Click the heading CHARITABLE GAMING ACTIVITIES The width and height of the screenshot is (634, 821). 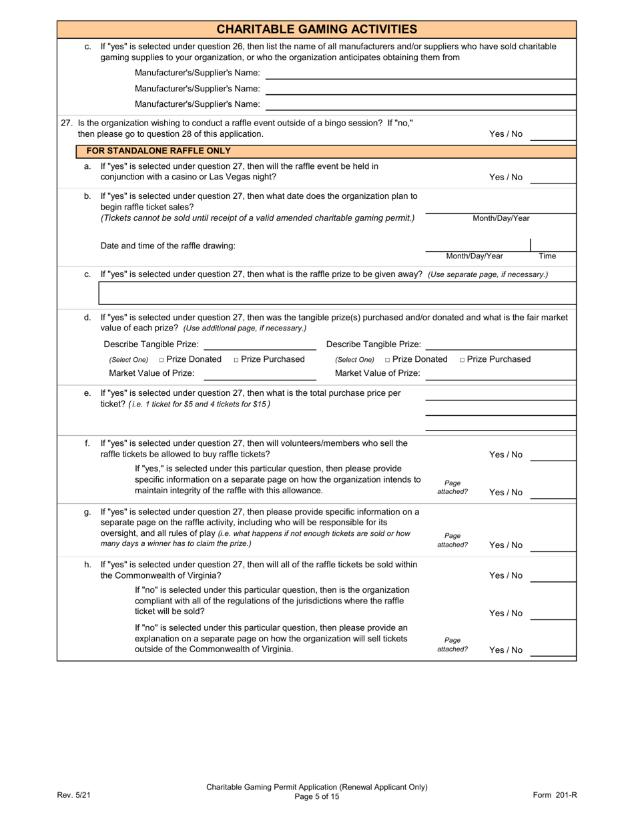pos(317,29)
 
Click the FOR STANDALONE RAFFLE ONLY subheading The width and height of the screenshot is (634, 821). pos(164,151)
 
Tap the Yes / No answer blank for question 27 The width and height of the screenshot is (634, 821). pos(553,134)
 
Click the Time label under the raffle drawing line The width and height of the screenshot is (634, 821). pos(547,256)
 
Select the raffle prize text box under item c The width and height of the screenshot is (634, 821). pos(337,294)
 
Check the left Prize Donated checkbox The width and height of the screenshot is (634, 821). pos(162,360)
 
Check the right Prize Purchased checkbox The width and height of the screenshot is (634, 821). pos(463,360)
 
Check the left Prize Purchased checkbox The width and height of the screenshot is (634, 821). pos(237,360)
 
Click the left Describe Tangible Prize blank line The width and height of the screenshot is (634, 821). pos(259,344)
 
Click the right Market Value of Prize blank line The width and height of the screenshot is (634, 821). pos(501,374)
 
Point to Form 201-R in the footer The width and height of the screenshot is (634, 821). pos(555,795)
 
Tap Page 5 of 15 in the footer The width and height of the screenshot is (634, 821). pos(317,796)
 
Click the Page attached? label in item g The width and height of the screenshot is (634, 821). pos(452,539)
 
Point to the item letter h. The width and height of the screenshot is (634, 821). pos(87,565)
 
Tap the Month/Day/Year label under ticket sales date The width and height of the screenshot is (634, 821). pos(501,218)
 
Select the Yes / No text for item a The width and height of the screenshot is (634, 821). pos(506,178)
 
